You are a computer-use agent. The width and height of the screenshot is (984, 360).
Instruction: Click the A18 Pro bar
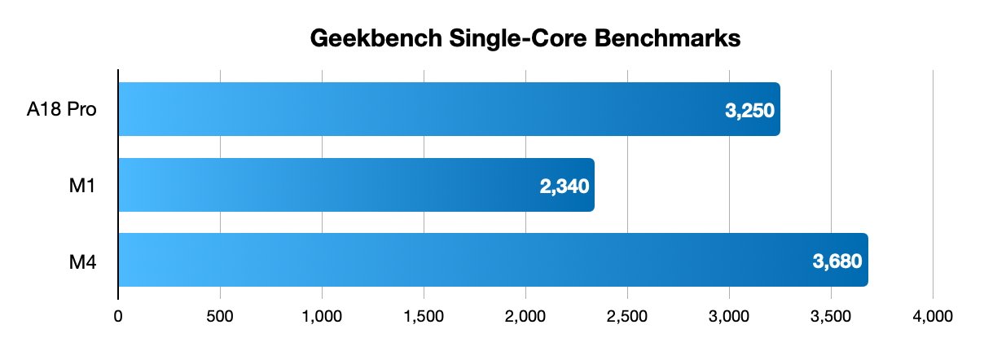coord(448,109)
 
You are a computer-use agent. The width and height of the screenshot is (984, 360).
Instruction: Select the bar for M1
coord(356,185)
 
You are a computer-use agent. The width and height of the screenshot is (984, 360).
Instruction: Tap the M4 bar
coord(493,260)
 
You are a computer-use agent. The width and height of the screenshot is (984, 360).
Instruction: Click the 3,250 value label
coord(749,111)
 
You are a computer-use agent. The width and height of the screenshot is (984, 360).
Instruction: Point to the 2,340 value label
coord(563,186)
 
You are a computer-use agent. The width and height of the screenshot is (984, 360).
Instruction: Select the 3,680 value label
coord(837,261)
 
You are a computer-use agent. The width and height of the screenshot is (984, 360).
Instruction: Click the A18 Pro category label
coord(62,110)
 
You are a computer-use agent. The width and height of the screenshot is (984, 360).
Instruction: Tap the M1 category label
coord(85,185)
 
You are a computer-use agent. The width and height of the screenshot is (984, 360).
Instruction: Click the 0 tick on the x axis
coord(119,315)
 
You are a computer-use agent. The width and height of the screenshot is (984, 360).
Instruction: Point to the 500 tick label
coord(221,315)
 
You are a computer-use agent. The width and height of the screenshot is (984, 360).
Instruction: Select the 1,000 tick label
coord(322,315)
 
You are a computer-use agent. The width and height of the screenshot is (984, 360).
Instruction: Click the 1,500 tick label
coord(424,315)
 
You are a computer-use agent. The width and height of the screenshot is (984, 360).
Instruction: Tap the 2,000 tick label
coord(525,315)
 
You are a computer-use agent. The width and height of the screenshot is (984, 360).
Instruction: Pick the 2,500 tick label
coord(627,315)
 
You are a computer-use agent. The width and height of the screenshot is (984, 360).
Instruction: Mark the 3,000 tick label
coord(729,315)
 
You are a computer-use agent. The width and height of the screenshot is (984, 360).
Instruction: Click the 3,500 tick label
coord(831,315)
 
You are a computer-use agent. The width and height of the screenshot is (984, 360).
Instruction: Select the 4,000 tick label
coord(933,315)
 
